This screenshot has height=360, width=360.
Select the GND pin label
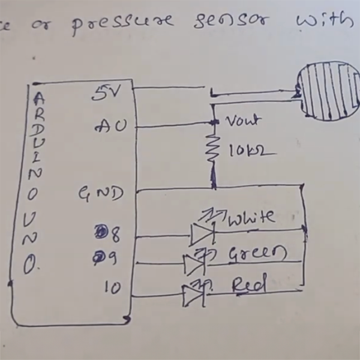pyautogui.click(x=100, y=194)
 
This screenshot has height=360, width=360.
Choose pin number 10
pyautogui.click(x=112, y=287)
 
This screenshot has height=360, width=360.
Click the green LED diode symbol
pyautogui.click(x=194, y=263)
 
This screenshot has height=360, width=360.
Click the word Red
pyautogui.click(x=248, y=285)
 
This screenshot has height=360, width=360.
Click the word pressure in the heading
pyautogui.click(x=120, y=26)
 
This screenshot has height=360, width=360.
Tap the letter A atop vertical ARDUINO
pyautogui.click(x=39, y=98)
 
